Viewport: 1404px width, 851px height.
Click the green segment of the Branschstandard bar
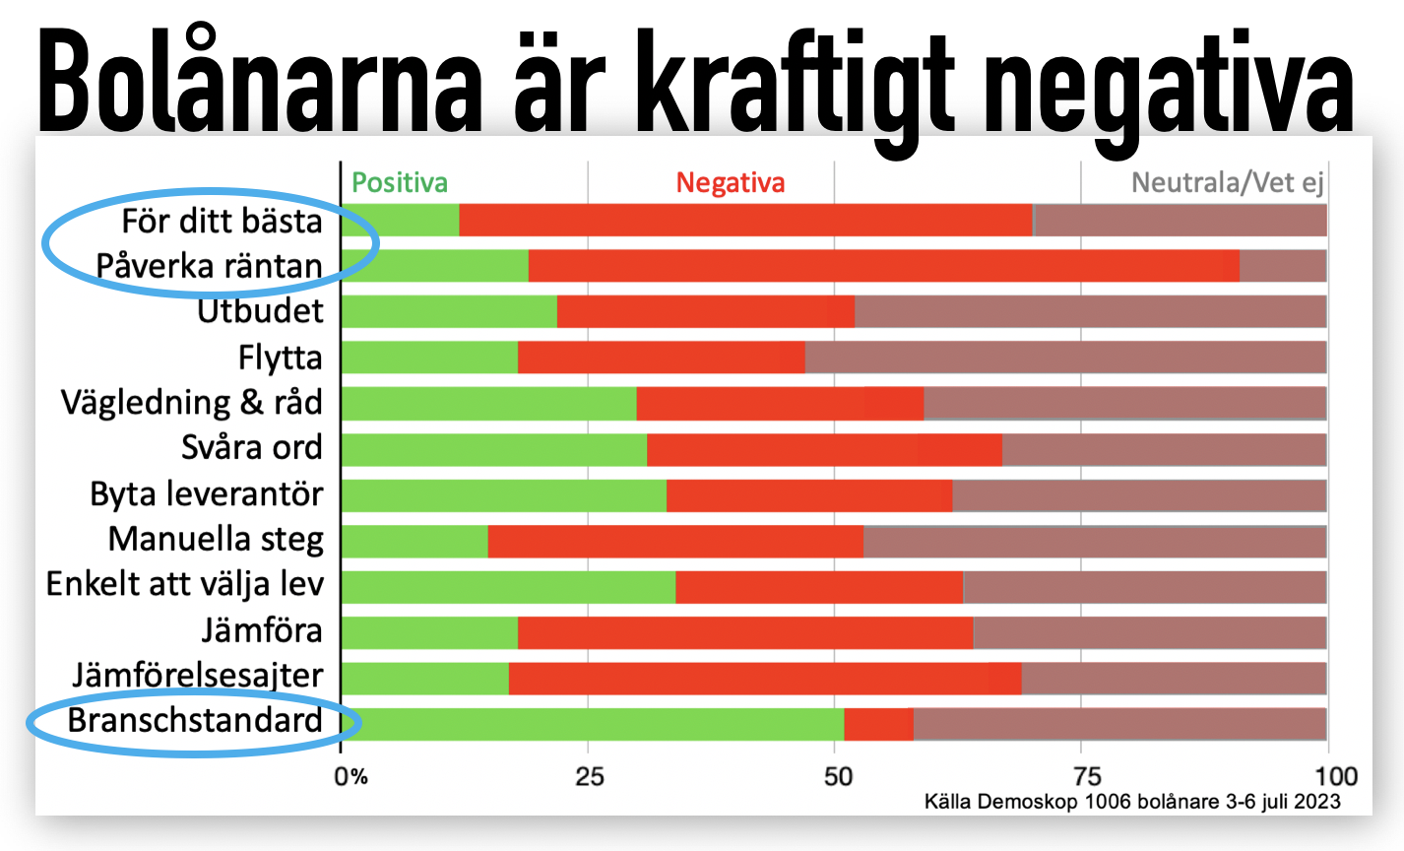pyautogui.click(x=593, y=724)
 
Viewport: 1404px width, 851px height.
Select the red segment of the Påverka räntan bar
pyautogui.click(x=884, y=266)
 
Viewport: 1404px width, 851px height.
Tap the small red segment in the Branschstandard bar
pyautogui.click(x=879, y=724)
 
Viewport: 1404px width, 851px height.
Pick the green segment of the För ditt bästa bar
pyautogui.click(x=401, y=220)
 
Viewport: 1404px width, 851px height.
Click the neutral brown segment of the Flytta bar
pyautogui.click(x=1065, y=358)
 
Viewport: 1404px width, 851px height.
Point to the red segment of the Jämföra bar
pyautogui.click(x=746, y=632)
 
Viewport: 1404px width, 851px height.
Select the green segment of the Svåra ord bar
pyautogui.click(x=494, y=450)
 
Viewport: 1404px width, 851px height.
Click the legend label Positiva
pyautogui.click(x=400, y=182)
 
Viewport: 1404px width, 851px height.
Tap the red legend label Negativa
pyautogui.click(x=731, y=183)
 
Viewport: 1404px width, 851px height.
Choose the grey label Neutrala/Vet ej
pyautogui.click(x=1227, y=183)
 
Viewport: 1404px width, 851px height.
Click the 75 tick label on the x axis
pyautogui.click(x=1088, y=777)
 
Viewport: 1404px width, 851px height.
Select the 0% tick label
pyautogui.click(x=351, y=777)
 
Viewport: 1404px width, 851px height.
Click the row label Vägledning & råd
pyautogui.click(x=192, y=402)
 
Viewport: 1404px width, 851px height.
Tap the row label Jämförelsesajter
pyautogui.click(x=198, y=676)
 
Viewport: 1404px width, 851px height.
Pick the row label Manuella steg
pyautogui.click(x=217, y=540)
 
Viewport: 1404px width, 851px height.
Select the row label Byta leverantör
pyautogui.click(x=207, y=494)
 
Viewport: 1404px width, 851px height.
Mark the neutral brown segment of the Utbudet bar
pyautogui.click(x=1091, y=311)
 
